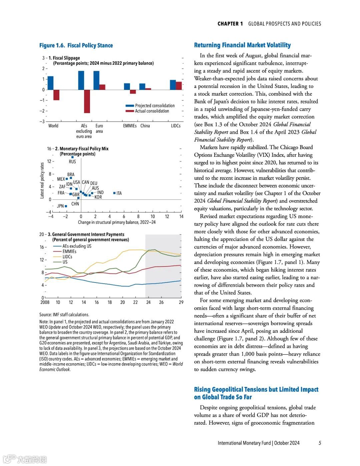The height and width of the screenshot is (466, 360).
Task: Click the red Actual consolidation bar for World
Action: click(x=56, y=95)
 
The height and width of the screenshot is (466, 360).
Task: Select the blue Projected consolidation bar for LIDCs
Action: click(x=173, y=85)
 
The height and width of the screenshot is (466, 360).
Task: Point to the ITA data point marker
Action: click(x=114, y=193)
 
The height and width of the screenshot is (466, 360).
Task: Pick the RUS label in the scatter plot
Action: click(x=72, y=161)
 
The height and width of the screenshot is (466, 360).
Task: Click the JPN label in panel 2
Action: click(x=60, y=206)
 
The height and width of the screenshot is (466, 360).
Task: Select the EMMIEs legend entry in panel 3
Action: click(x=69, y=252)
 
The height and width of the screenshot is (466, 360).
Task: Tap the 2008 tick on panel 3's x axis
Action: click(x=45, y=302)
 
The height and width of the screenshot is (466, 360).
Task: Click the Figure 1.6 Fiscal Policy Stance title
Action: click(x=76, y=45)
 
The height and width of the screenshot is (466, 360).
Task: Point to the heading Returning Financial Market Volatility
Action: click(x=242, y=45)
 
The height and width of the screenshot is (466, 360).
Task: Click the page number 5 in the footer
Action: click(x=320, y=443)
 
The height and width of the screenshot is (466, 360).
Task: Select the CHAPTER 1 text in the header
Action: click(x=230, y=24)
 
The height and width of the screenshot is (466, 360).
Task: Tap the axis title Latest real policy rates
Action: click(x=42, y=180)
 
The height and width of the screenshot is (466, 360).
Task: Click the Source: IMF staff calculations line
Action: click(x=64, y=315)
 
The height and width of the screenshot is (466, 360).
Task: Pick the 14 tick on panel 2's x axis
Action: click(x=181, y=216)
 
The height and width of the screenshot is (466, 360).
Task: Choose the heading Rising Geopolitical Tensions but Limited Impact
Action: click(x=256, y=389)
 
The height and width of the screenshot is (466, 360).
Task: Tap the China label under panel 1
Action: click(x=145, y=126)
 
